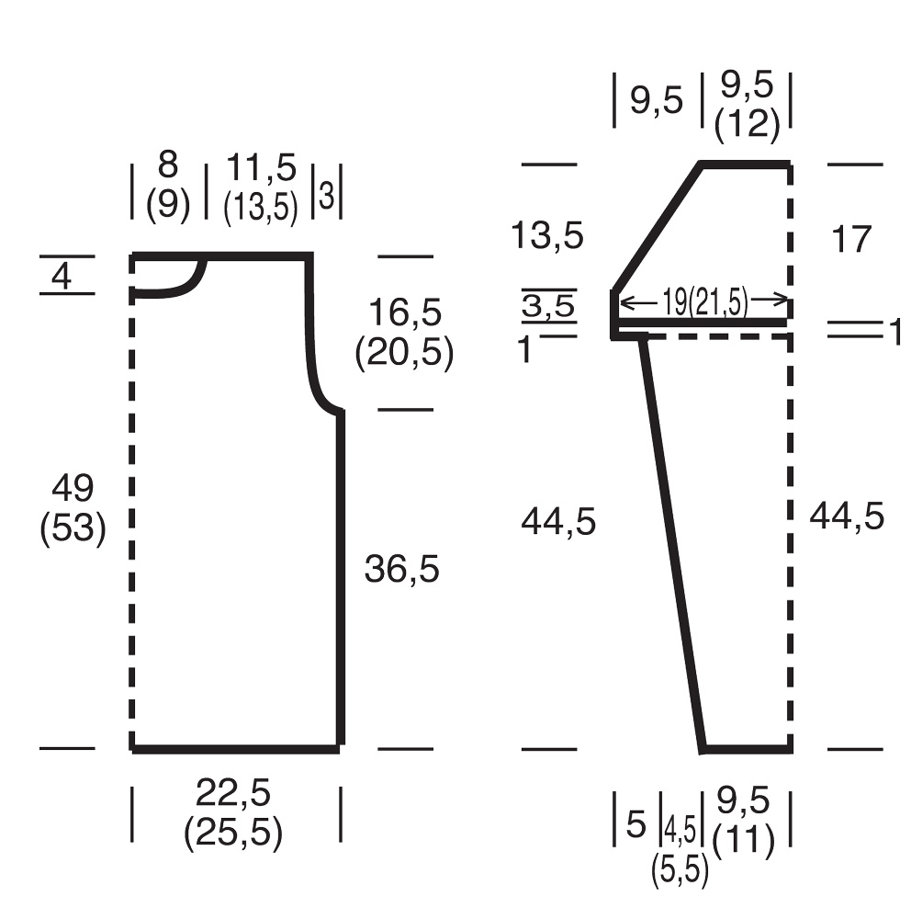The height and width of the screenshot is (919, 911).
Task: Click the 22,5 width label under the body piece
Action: click(233, 793)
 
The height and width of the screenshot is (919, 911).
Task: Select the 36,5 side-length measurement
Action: click(402, 569)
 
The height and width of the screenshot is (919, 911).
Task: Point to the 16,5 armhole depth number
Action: click(405, 312)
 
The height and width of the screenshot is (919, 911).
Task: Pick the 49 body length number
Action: click(73, 488)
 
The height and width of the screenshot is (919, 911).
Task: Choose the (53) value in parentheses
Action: click(73, 528)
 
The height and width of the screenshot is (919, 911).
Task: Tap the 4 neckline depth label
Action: click(62, 276)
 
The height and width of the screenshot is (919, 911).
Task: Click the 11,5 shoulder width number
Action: click(262, 167)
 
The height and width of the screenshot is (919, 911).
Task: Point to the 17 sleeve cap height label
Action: click(851, 239)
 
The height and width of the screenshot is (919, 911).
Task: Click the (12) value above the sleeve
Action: click(747, 124)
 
